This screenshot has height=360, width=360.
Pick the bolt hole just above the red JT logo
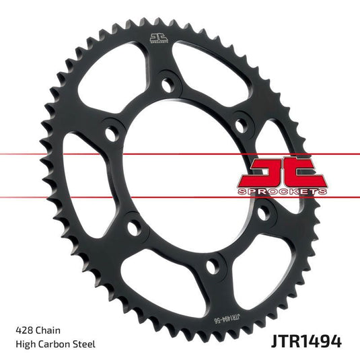[238, 124]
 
